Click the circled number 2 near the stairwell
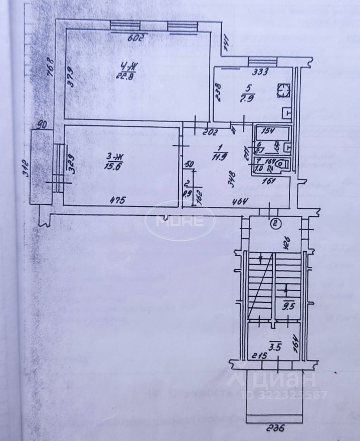click(x=275, y=224)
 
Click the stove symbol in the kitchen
click(x=285, y=90)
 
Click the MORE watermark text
click(x=180, y=221)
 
